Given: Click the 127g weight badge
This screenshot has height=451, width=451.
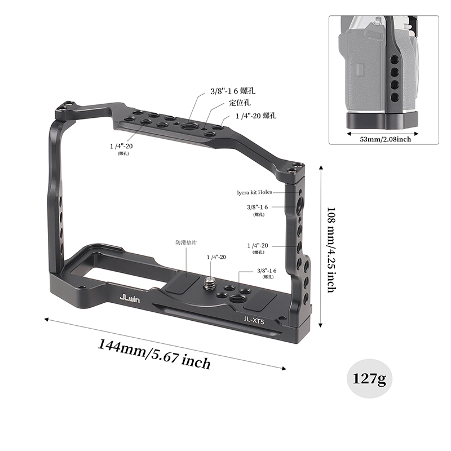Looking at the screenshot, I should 369,378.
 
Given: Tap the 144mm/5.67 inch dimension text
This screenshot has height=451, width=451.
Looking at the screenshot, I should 154,353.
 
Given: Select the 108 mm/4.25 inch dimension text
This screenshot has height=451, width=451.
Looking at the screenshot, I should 331,249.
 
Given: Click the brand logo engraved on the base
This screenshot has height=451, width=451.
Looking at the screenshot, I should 130,298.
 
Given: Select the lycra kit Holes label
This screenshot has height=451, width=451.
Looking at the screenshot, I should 255,192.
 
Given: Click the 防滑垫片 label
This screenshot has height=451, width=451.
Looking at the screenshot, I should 186,243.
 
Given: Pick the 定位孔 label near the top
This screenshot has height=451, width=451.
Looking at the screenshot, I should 240,103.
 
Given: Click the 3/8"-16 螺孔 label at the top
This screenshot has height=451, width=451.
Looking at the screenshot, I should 235,90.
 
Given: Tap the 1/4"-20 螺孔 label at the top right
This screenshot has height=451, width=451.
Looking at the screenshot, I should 256,116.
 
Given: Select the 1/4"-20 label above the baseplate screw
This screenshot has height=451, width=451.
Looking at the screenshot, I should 216,257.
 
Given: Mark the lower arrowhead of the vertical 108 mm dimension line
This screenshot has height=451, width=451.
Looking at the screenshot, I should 321,325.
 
